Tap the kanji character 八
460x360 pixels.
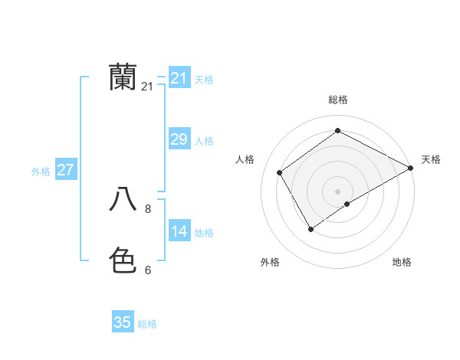tap(123, 199)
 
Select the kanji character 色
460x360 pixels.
tap(123, 260)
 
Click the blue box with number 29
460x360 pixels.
tap(179, 139)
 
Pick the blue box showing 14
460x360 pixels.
tap(179, 231)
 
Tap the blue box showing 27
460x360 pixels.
tap(65, 169)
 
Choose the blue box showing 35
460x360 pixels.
tap(123, 322)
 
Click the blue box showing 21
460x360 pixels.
tap(179, 77)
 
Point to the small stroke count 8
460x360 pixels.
tap(148, 208)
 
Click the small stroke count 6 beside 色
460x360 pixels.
tap(148, 270)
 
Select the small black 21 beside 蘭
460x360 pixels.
tap(147, 87)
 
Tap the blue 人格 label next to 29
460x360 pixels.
tap(204, 141)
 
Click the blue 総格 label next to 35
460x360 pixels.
tap(147, 325)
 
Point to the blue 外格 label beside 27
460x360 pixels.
tap(41, 172)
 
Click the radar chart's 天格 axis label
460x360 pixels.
tap(431, 159)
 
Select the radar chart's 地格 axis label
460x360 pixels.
tap(402, 262)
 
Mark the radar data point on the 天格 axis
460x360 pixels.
tap(410, 168)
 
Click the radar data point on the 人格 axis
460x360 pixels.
tap(280, 172)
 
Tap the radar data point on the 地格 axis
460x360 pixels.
tap(347, 204)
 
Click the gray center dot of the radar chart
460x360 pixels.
tap(337, 191)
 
